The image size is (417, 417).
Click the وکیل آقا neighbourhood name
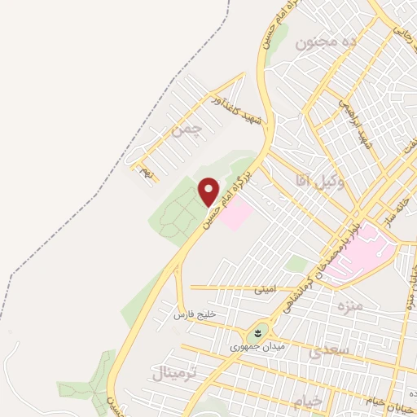coord(323,182)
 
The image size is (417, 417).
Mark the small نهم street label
coord(146,173)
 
